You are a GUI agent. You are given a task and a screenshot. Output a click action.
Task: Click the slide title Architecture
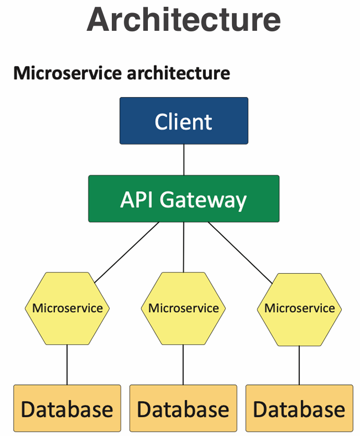coord(183,19)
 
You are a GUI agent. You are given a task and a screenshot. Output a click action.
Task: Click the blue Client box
coord(183,121)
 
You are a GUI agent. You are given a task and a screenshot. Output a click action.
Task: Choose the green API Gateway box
coord(183,199)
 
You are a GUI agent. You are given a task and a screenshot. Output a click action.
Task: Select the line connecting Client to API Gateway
coord(183,159)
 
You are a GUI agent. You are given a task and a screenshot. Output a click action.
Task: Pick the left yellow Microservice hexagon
coord(67,308)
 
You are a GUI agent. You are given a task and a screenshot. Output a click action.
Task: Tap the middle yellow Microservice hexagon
coord(183,308)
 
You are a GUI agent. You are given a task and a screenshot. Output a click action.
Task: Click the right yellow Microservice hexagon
coord(299,308)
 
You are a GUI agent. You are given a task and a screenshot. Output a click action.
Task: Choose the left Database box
coord(67,409)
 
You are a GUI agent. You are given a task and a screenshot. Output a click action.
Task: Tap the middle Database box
coord(183,409)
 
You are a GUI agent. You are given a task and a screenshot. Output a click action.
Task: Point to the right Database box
coord(299,409)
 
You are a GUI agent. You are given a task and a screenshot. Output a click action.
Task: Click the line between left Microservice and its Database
coord(67,364)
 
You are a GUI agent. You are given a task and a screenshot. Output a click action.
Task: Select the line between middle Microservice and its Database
coord(183,364)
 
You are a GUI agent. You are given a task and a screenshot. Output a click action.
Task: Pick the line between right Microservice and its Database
coord(299,364)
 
